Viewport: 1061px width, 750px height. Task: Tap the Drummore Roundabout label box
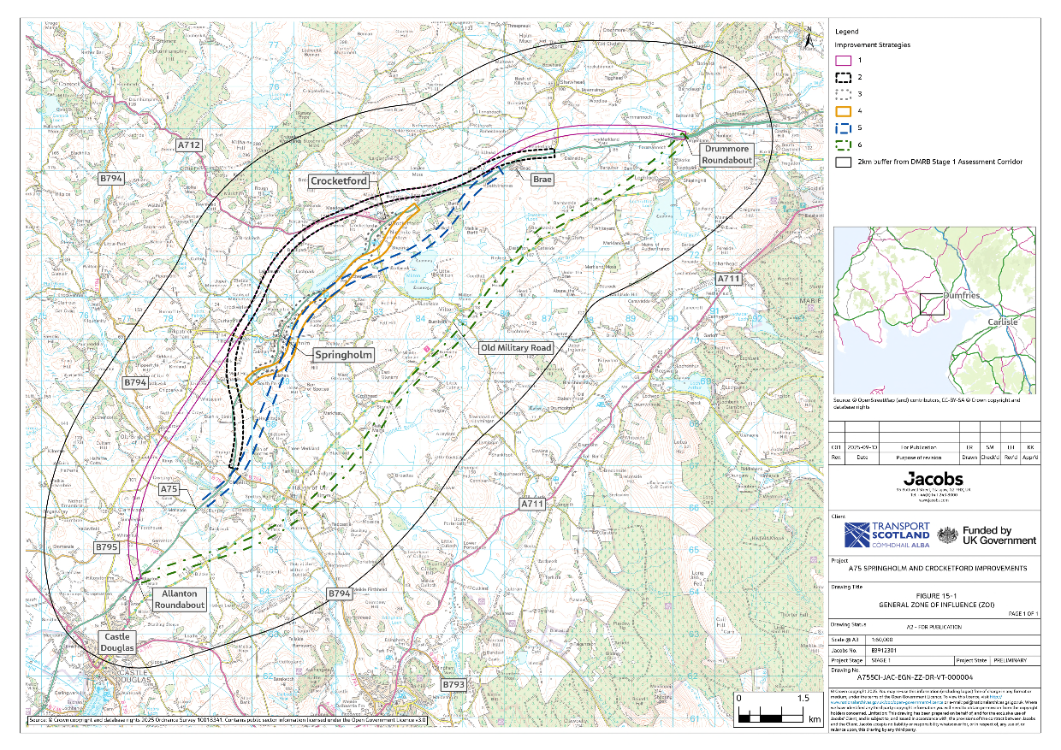point(726,155)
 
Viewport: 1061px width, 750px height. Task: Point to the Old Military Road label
point(516,348)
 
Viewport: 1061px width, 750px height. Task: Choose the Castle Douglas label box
point(118,643)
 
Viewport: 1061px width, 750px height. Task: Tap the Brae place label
point(542,180)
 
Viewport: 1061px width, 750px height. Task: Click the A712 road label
point(190,146)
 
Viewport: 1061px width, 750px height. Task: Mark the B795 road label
point(106,546)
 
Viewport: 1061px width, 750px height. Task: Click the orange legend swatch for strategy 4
point(843,110)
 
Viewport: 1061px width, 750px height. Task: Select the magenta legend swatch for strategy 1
point(843,60)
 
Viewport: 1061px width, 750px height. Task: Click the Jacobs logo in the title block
point(934,475)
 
